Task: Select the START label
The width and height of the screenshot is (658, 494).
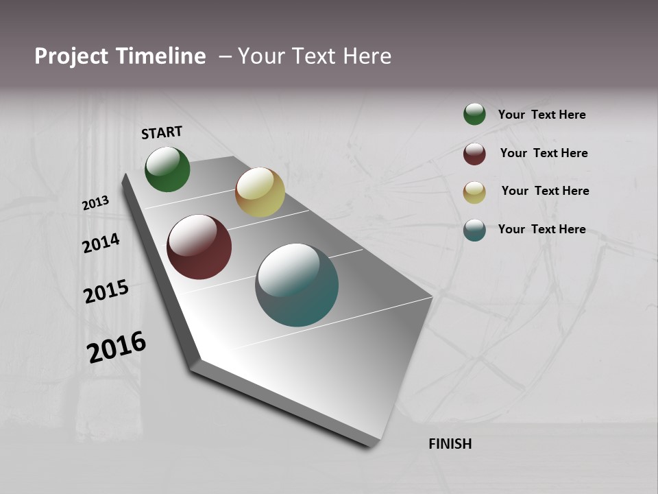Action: coord(162,132)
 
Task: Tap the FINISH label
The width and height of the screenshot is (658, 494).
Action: coord(450,444)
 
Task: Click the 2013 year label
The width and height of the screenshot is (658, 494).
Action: coord(95,203)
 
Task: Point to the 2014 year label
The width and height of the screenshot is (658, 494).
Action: coord(101,243)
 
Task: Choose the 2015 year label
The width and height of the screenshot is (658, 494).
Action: coord(106,292)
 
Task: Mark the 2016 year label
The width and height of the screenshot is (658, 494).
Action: coord(117,347)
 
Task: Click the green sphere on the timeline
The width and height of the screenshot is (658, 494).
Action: coord(167,169)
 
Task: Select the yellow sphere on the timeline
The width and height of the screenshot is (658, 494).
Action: coord(260,192)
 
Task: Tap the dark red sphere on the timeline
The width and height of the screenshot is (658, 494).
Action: coord(199,247)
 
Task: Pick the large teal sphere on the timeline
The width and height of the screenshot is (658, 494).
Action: coord(297,285)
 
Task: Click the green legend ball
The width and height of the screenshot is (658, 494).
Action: coord(474,114)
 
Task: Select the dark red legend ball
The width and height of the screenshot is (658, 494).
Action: coord(474,154)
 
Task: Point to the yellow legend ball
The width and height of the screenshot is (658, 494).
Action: coord(474,192)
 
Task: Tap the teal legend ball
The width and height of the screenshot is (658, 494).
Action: coord(474,230)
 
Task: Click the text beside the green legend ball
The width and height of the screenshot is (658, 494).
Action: coord(541,115)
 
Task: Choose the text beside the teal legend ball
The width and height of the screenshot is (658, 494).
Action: coord(541,229)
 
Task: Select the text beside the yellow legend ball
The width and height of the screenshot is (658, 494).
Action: coord(545,191)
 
